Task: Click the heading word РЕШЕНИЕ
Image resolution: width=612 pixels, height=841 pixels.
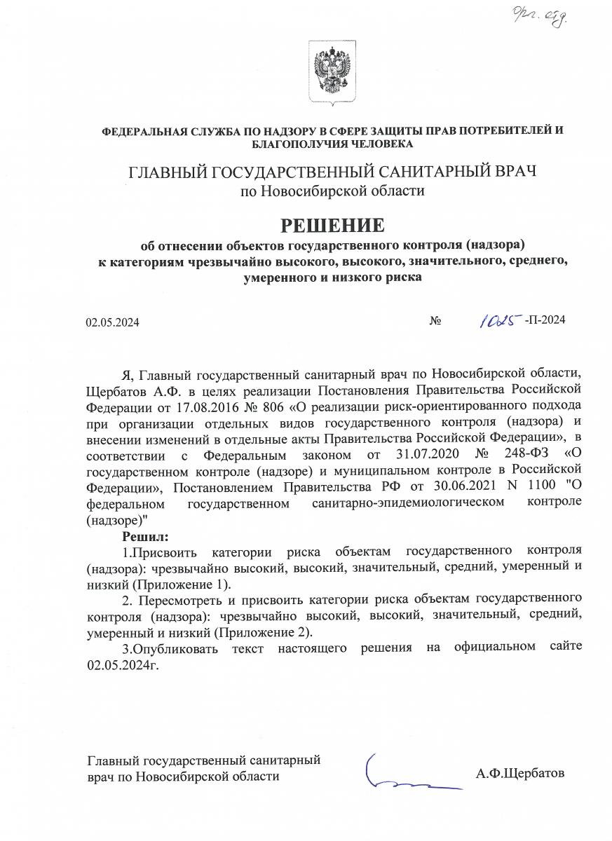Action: tap(333, 226)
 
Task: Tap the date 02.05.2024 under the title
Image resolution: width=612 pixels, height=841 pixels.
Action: tap(113, 322)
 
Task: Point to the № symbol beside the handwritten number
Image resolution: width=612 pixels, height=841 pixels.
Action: tap(435, 322)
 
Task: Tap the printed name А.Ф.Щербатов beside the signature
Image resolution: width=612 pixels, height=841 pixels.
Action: tap(519, 774)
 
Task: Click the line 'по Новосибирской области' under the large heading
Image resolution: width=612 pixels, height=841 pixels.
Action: tap(332, 190)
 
